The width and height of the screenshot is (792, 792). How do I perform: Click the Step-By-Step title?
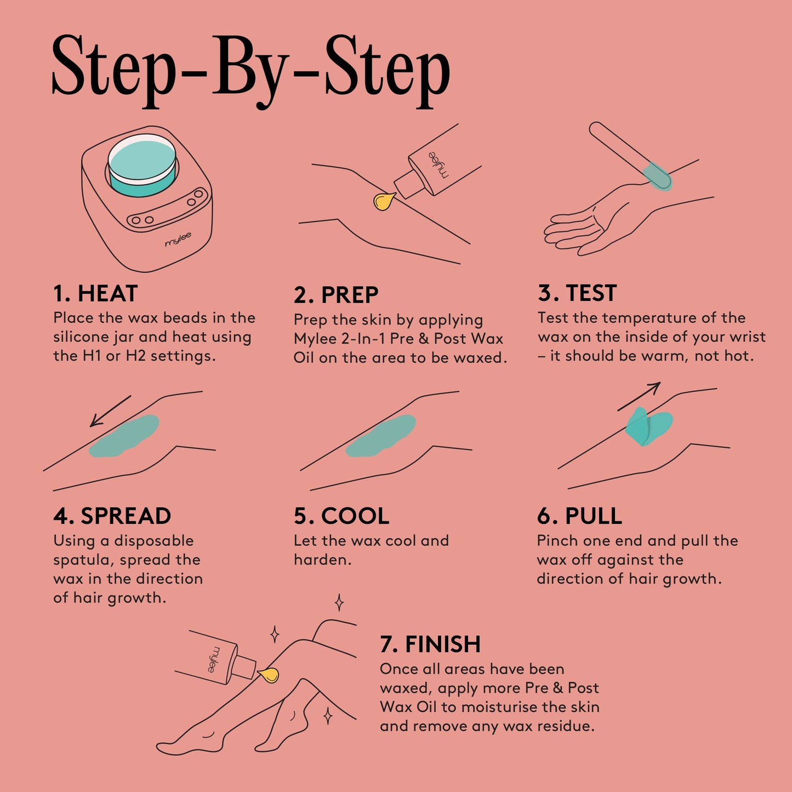[250, 69]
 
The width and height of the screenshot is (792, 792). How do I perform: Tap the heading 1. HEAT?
[95, 294]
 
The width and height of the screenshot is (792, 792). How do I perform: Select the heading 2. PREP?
[335, 295]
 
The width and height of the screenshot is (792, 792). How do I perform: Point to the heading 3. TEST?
[577, 293]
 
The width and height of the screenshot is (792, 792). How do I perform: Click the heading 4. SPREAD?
[112, 516]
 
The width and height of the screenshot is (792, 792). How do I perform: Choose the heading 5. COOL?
[341, 516]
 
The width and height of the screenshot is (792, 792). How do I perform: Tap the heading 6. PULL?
[579, 516]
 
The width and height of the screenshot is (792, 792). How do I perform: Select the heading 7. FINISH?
[430, 645]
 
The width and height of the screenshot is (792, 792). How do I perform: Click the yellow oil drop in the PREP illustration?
[384, 201]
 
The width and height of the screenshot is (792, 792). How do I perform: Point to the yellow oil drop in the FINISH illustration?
[269, 675]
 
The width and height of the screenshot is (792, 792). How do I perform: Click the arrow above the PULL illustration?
[639, 396]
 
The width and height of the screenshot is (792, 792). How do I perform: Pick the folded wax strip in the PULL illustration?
[648, 426]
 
